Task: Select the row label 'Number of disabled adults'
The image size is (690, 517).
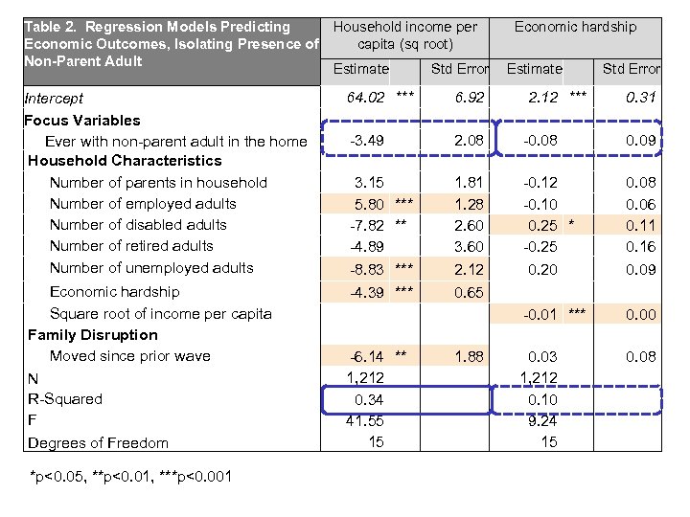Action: (138, 225)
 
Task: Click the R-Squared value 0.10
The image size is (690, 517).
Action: (542, 399)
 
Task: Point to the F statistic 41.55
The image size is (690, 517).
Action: (364, 420)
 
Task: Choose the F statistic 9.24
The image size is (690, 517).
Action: (542, 420)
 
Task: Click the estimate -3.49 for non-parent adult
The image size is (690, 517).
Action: (368, 142)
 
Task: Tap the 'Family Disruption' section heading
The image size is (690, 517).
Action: (93, 335)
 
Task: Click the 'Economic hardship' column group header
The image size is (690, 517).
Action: (575, 27)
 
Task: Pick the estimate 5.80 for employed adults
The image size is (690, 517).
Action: (370, 204)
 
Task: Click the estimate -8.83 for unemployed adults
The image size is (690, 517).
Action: (368, 269)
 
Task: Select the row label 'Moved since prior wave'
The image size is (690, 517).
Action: (130, 356)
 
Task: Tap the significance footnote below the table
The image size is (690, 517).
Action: (130, 477)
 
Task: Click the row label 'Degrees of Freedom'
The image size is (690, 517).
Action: (98, 442)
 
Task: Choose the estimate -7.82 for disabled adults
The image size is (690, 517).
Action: (368, 225)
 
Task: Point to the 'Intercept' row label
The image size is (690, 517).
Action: (56, 98)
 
